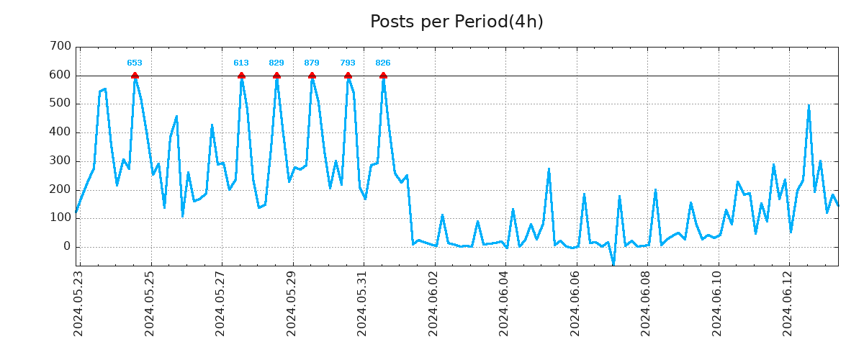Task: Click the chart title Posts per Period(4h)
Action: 456,22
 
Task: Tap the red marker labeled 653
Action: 135,76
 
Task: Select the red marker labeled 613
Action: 241,76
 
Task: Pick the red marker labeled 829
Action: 276,76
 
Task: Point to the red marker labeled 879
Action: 312,76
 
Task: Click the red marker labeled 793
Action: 348,76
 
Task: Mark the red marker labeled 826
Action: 383,76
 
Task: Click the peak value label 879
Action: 312,63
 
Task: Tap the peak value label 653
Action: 135,63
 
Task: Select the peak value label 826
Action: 383,63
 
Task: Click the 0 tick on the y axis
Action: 67,247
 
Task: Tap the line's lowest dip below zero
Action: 613,264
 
